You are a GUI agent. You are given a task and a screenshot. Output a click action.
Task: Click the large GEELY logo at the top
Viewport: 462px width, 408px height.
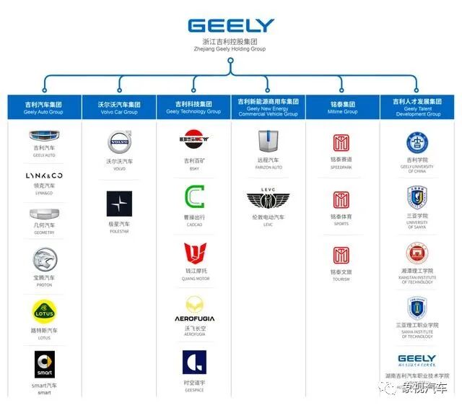coord(231,26)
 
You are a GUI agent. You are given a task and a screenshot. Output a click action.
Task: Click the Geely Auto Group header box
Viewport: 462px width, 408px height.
coord(43,107)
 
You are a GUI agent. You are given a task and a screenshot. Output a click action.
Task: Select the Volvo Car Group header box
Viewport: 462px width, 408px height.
coord(119,107)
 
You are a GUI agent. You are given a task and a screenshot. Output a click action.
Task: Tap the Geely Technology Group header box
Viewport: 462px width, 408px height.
coord(193,107)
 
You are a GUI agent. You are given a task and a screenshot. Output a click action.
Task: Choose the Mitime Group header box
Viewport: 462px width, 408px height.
coord(343,107)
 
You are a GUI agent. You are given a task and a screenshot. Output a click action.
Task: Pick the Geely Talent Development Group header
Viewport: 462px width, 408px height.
coord(417,107)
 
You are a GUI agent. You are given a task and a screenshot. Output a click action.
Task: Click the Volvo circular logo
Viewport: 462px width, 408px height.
coord(119,141)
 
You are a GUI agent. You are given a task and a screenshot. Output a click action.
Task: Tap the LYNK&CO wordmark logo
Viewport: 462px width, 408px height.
coord(44,175)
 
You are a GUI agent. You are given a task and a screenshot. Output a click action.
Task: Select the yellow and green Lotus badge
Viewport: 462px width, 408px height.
coord(44,311)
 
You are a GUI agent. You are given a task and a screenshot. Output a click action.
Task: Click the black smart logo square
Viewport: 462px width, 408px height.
coord(44,364)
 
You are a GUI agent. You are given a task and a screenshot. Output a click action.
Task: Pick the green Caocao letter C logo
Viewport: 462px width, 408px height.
coord(194,196)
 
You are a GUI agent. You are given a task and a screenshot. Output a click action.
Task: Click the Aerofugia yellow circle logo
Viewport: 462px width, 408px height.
coord(194,304)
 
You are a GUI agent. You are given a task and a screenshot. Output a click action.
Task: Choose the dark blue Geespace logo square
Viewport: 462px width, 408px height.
coord(194,362)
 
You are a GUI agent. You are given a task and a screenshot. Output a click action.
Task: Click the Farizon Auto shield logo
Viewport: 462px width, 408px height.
coord(269,142)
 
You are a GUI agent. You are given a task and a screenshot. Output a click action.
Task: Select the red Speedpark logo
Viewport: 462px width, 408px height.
coord(341,142)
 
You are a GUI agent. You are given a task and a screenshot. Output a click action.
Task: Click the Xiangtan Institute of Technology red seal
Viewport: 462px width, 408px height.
coord(417,253)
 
